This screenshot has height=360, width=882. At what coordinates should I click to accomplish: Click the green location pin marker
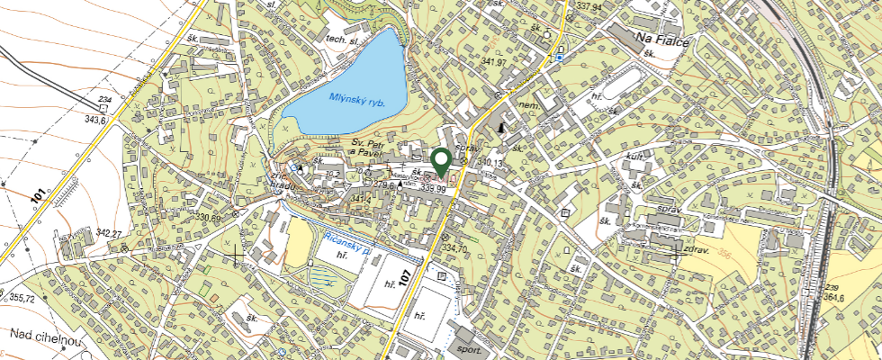[x=441, y=162]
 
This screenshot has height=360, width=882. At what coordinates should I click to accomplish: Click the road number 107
[x=404, y=278]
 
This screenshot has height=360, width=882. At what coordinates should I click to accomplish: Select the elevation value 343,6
[x=95, y=119]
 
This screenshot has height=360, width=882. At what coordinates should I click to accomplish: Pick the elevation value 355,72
[x=18, y=298]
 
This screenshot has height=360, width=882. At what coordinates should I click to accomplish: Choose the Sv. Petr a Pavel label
[x=373, y=148]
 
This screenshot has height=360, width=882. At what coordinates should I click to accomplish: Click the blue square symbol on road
[x=559, y=58]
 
